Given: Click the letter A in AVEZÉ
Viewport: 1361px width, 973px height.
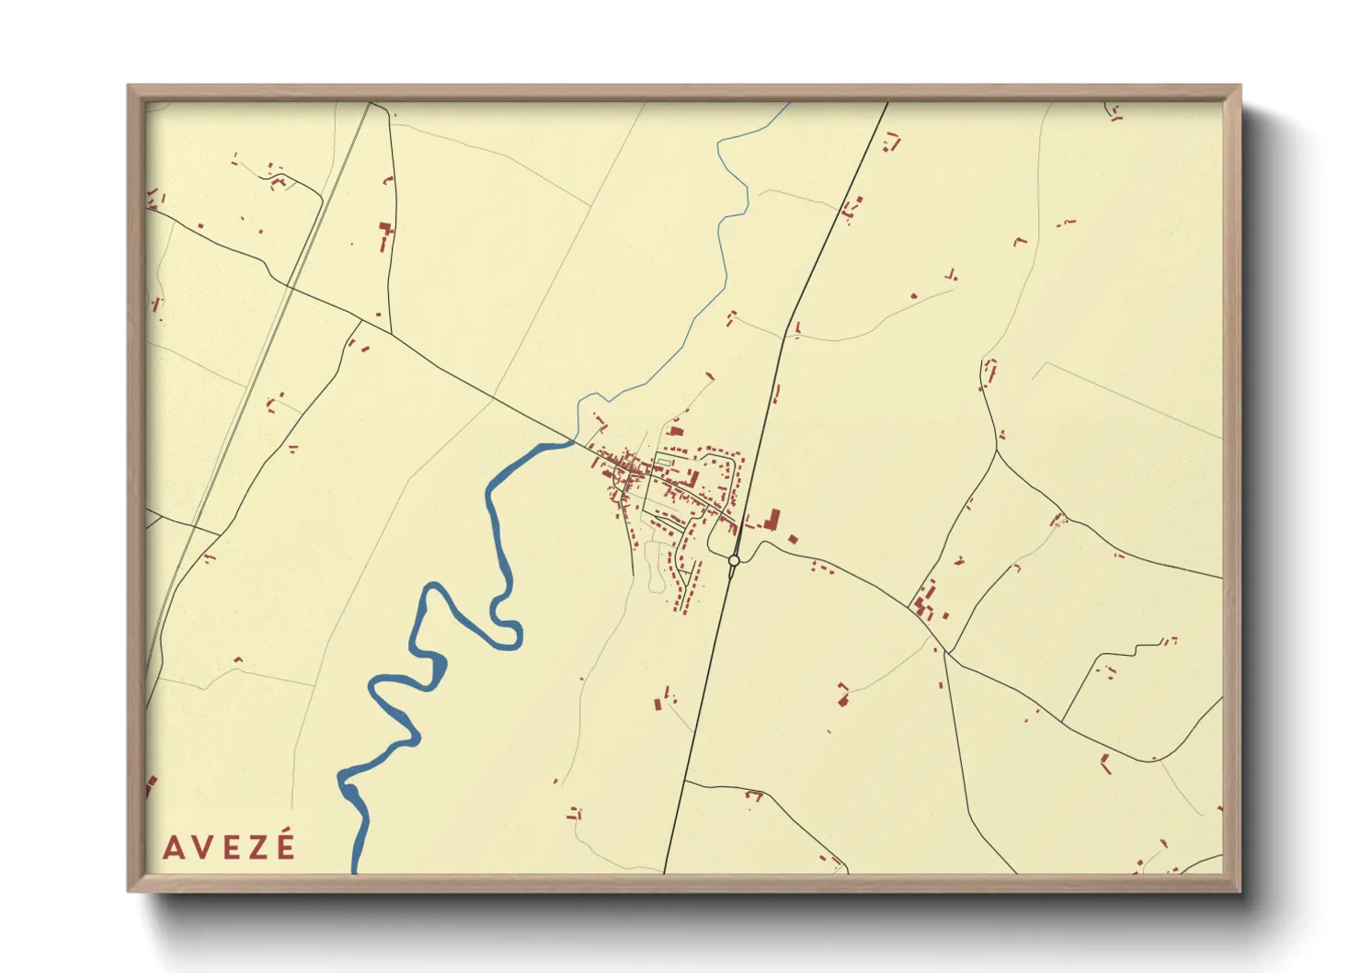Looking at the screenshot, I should [173, 847].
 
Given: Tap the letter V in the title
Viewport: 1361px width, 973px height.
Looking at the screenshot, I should [204, 847].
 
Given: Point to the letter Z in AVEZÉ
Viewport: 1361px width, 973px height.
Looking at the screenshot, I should [258, 847].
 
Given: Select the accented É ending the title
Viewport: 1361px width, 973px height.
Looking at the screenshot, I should [286, 845].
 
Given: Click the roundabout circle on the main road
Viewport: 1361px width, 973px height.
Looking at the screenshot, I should [734, 560].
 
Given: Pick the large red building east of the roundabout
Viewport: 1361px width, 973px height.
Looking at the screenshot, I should [772, 521].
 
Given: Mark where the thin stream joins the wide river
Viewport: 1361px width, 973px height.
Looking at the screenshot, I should [574, 441].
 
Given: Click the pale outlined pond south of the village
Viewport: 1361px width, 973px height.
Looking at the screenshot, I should [656, 566].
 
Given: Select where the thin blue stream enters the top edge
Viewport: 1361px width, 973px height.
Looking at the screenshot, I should [788, 103].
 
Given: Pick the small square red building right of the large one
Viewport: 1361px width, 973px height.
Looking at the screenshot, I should [793, 539].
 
